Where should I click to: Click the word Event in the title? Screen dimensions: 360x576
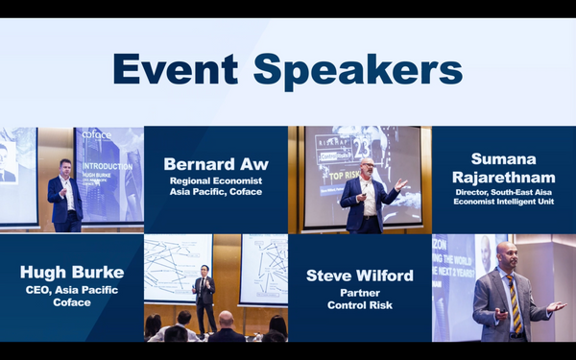click(x=174, y=70)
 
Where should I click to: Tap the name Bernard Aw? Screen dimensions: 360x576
click(x=215, y=163)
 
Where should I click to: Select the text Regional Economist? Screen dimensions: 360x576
click(x=215, y=180)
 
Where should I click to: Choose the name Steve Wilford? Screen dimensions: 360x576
click(x=360, y=276)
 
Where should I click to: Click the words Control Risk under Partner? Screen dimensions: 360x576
click(x=360, y=306)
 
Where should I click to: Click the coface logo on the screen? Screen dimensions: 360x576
click(x=98, y=135)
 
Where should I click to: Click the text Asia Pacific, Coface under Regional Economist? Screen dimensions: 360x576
click(x=215, y=192)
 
